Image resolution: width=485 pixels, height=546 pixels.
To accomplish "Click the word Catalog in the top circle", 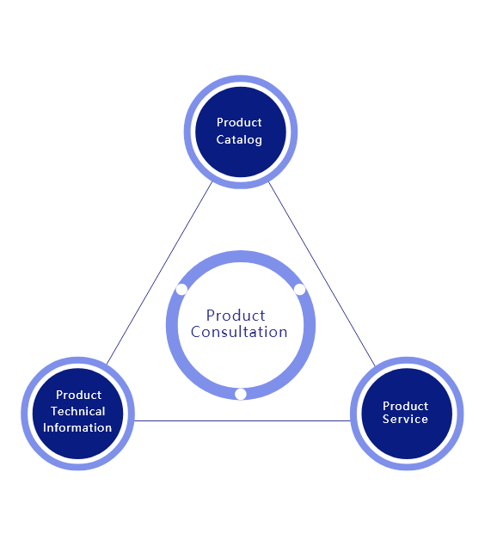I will pyautogui.click(x=239, y=139).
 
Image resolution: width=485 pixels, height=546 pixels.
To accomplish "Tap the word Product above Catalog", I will pyautogui.click(x=239, y=123).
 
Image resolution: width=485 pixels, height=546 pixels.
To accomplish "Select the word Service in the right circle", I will pyautogui.click(x=405, y=420).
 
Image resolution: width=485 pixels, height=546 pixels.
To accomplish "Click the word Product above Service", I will pyautogui.click(x=405, y=406).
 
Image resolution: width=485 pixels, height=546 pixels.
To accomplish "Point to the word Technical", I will pyautogui.click(x=77, y=411).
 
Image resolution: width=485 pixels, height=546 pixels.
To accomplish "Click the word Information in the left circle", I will pyautogui.click(x=77, y=427).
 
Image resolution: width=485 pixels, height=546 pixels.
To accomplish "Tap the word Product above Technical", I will pyautogui.click(x=78, y=396).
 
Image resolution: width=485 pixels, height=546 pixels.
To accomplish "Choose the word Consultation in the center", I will pyautogui.click(x=239, y=332).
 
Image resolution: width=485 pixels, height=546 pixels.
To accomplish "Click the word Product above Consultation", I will pyautogui.click(x=236, y=316).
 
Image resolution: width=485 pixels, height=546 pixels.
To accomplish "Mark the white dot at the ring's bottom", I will pyautogui.click(x=241, y=394).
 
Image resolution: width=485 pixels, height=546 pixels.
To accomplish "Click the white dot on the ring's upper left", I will pyautogui.click(x=181, y=289).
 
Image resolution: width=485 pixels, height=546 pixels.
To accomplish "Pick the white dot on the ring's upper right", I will pyautogui.click(x=299, y=289).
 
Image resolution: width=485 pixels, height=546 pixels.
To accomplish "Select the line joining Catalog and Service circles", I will pyautogui.click(x=322, y=273).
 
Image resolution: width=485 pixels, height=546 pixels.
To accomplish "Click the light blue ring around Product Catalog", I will pyautogui.click(x=187, y=132).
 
